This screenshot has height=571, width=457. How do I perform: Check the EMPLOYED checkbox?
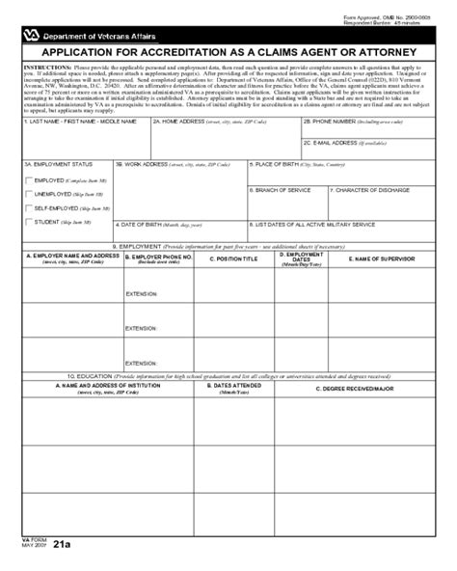click(x=28, y=180)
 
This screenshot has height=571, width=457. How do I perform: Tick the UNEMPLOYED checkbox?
click(x=28, y=194)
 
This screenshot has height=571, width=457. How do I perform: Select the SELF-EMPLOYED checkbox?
click(x=28, y=207)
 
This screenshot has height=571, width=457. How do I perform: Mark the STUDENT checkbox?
click(x=28, y=222)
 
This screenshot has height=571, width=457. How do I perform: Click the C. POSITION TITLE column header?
click(x=237, y=258)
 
